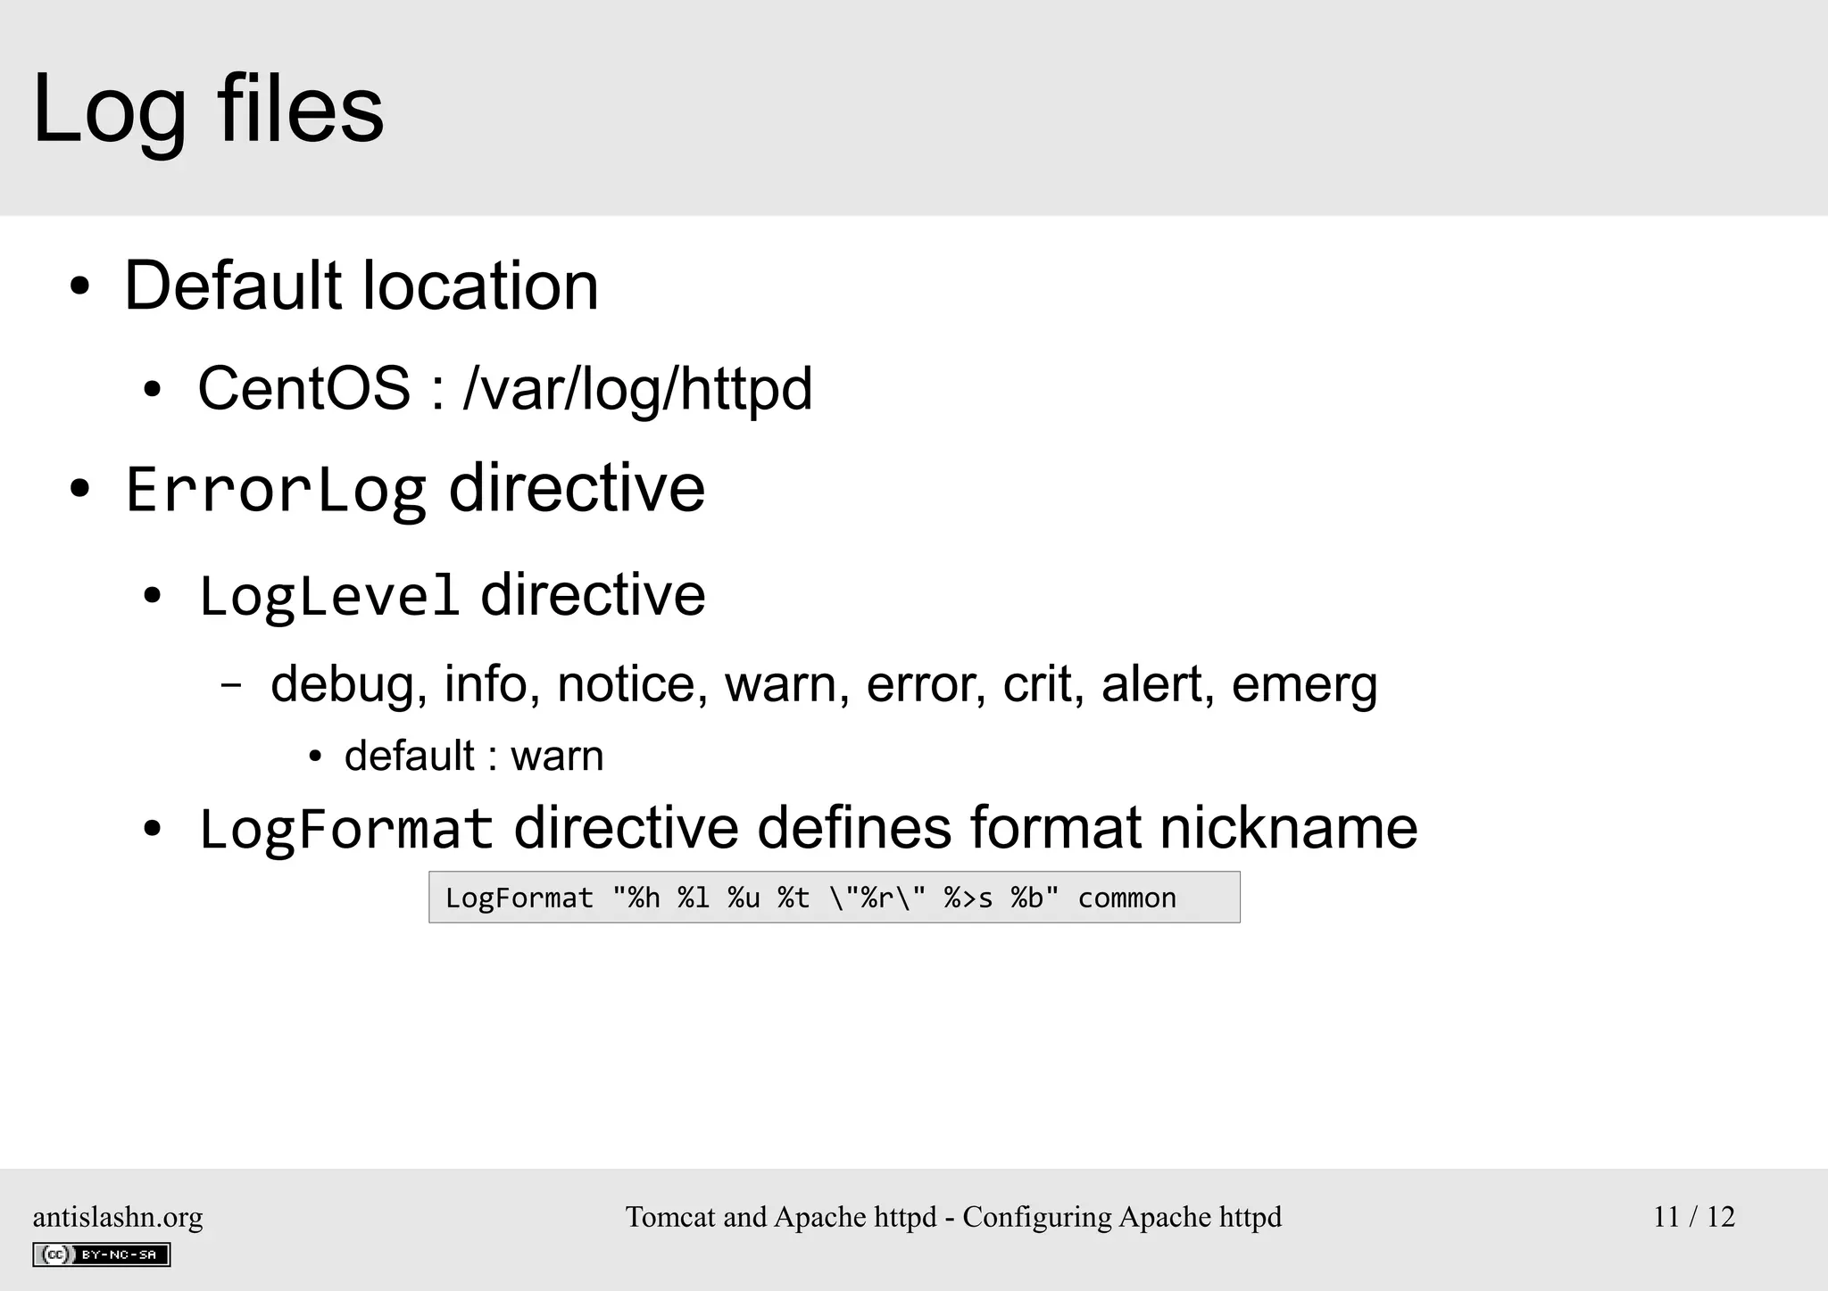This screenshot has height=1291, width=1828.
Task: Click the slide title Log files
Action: pyautogui.click(x=208, y=109)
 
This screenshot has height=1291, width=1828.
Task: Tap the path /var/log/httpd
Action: pyautogui.click(x=637, y=389)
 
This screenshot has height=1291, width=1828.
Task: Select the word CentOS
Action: pyautogui.click(x=303, y=389)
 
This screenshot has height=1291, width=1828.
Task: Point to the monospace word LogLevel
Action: pyautogui.click(x=328, y=596)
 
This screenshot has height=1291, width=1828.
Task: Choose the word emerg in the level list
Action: pyautogui.click(x=1304, y=684)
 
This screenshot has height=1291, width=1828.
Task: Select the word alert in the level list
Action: pyautogui.click(x=1157, y=684)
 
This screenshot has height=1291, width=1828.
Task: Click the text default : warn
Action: pyautogui.click(x=474, y=757)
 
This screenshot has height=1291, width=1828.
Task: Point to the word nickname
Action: pyautogui.click(x=1288, y=827)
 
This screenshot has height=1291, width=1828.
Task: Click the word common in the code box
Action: pyautogui.click(x=1126, y=898)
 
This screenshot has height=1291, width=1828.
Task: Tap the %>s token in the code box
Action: pyautogui.click(x=968, y=898)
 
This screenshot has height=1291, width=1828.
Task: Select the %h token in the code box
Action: pyautogui.click(x=644, y=898)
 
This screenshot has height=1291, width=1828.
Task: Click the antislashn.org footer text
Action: pyautogui.click(x=118, y=1217)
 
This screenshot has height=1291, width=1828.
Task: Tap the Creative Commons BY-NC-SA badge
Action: pyautogui.click(x=102, y=1254)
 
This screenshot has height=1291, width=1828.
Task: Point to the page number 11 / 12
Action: pyautogui.click(x=1693, y=1217)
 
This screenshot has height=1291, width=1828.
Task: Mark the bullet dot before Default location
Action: pyautogui.click(x=80, y=287)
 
